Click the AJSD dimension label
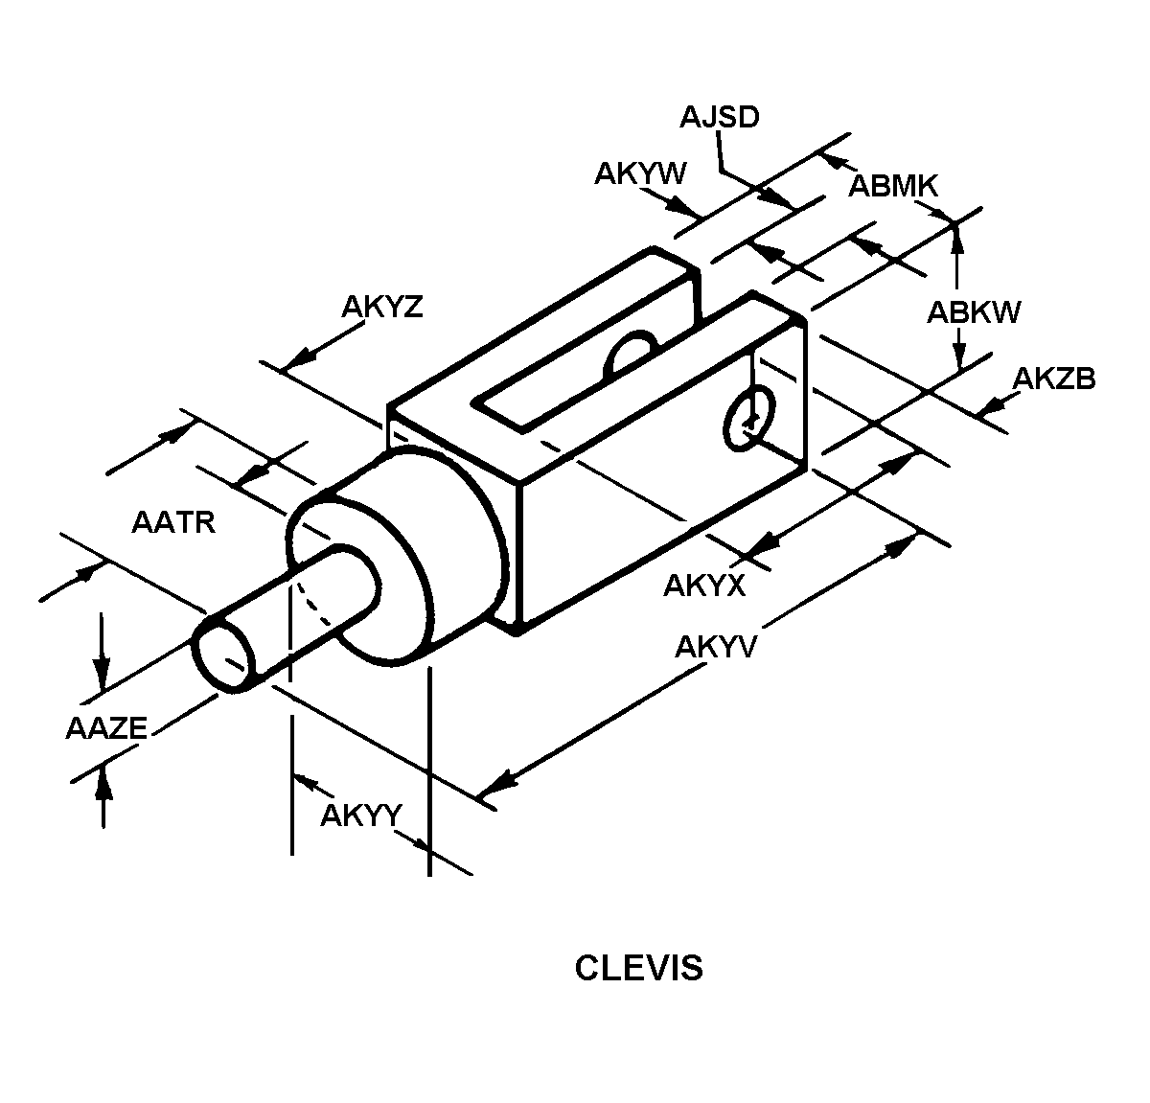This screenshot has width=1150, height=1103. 719,117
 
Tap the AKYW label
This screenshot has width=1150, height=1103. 640,173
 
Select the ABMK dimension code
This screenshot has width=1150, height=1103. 893,186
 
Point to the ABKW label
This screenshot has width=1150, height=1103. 974,312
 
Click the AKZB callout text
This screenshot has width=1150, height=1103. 1054,379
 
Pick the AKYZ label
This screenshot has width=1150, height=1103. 382,307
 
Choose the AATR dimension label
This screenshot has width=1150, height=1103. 173,523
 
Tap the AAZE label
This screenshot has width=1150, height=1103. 106,728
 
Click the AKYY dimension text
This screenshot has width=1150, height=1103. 361,816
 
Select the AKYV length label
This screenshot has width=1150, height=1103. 715,647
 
